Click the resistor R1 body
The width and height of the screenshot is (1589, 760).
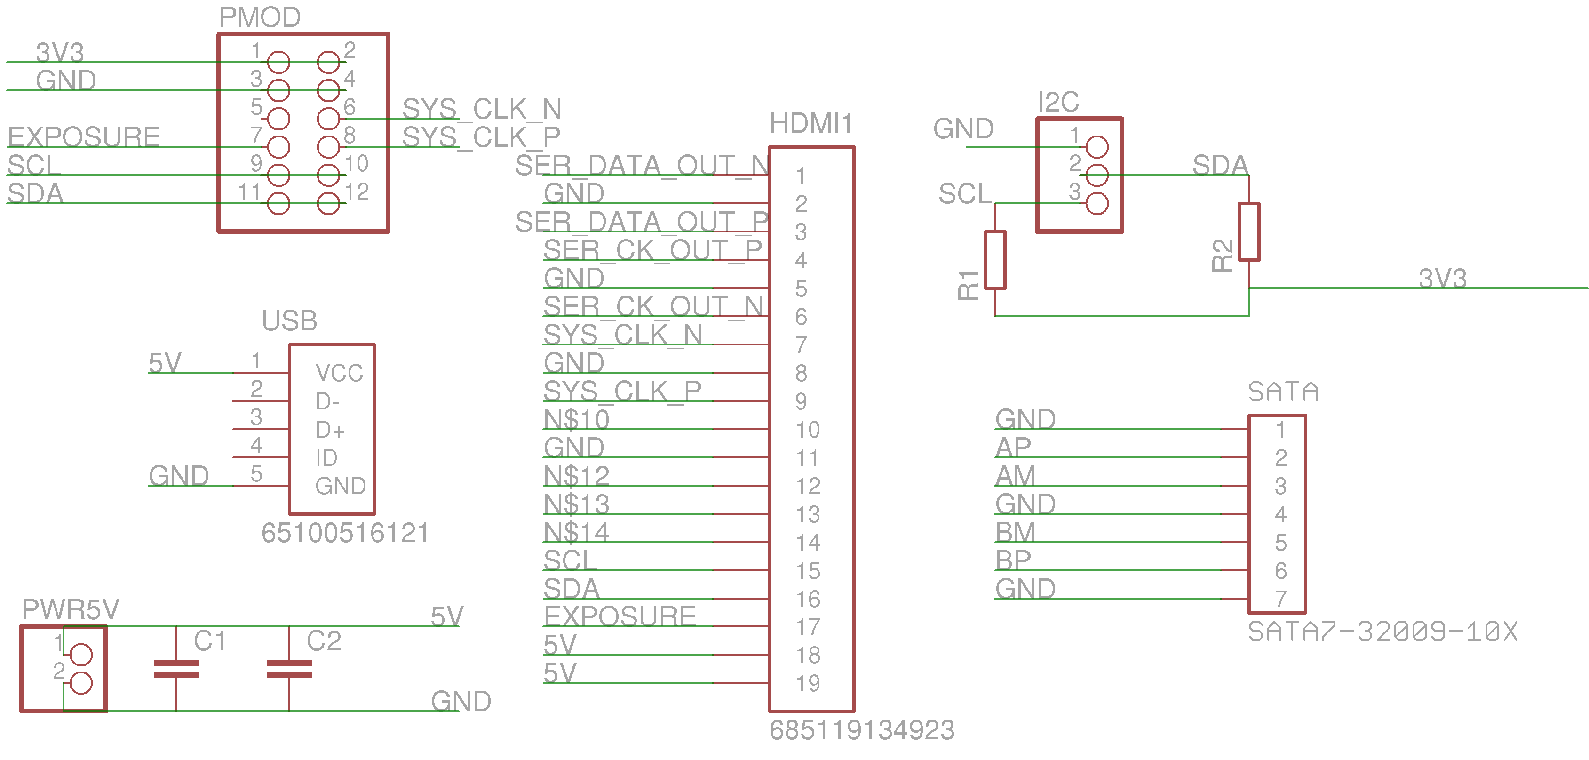[994, 260]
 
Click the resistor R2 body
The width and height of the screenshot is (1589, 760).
[1248, 232]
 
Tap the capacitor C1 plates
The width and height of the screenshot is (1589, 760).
[176, 669]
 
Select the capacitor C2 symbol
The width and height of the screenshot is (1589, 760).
[289, 669]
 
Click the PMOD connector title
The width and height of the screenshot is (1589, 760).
[260, 17]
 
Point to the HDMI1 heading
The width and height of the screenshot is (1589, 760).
[810, 123]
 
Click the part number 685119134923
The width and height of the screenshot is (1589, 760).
[862, 730]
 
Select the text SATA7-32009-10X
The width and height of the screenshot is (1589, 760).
[1382, 632]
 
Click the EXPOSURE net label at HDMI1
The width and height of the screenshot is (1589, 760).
[620, 616]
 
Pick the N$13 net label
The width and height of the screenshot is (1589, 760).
[576, 504]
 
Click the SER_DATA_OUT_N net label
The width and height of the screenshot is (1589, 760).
[642, 165]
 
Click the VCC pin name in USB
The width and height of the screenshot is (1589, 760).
[339, 373]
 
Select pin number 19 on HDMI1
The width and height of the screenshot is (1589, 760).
[808, 683]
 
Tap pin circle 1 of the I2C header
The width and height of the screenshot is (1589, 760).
[1097, 147]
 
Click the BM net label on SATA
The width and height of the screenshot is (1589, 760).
[1015, 532]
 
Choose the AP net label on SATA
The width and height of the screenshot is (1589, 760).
[1013, 447]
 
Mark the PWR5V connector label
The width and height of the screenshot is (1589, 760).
[70, 609]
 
